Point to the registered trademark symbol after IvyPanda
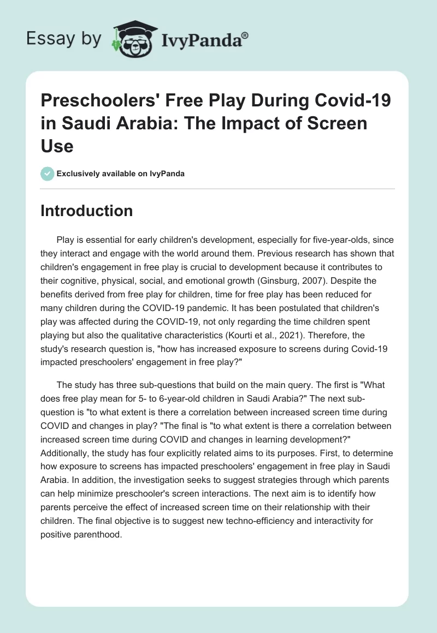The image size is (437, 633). point(245,34)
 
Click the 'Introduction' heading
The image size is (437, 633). point(86,211)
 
